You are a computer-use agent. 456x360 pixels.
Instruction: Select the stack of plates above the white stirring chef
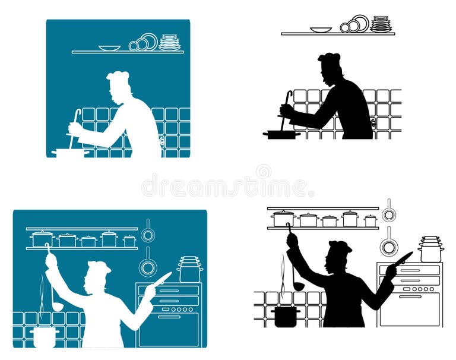coord(169,42)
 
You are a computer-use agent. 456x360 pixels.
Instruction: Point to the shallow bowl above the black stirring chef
coord(321,29)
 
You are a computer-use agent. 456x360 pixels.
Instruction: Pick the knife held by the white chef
coord(161,277)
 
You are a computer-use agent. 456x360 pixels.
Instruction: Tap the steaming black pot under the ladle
coord(286,316)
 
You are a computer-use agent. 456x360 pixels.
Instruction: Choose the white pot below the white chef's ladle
coord(45,336)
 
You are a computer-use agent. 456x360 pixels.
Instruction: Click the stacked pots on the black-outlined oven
coord(430,249)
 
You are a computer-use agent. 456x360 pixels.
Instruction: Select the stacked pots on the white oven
coord(189,269)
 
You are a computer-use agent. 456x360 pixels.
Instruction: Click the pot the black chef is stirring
coord(282,135)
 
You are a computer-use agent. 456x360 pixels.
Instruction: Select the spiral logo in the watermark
coord(263,172)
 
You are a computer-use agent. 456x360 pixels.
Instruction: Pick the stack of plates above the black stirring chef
coord(381,24)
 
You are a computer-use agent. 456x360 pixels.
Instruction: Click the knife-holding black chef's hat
coord(340,246)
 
